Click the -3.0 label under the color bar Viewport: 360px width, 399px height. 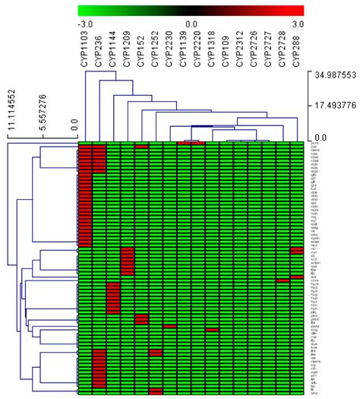tap(86, 24)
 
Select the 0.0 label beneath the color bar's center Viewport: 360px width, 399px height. tap(191, 24)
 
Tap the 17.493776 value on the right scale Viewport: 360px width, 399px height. tap(333, 106)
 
